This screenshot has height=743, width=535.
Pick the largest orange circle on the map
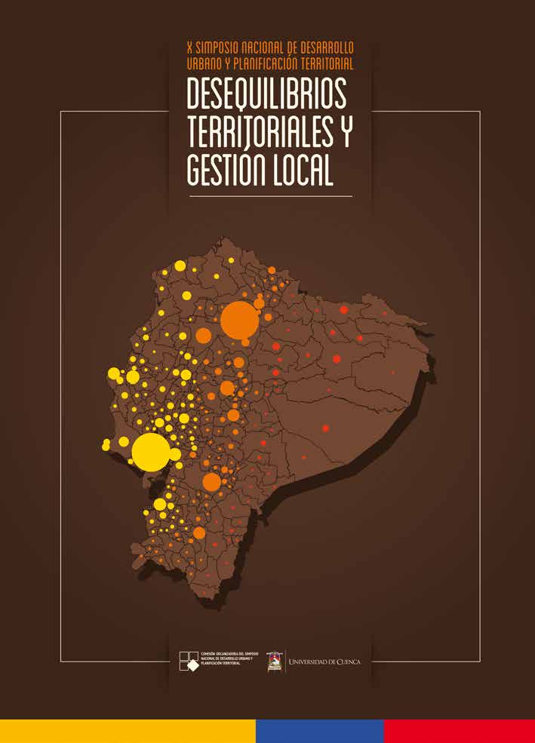[x=239, y=321]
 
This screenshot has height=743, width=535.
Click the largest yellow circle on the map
[x=150, y=453]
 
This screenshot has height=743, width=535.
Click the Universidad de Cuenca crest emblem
[x=275, y=662]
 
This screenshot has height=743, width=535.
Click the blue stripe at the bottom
[x=319, y=731]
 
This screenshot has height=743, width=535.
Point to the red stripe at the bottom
[x=459, y=731]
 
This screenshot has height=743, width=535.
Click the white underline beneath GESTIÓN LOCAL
[x=269, y=196]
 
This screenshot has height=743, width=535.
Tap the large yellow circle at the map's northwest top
[x=180, y=266]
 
